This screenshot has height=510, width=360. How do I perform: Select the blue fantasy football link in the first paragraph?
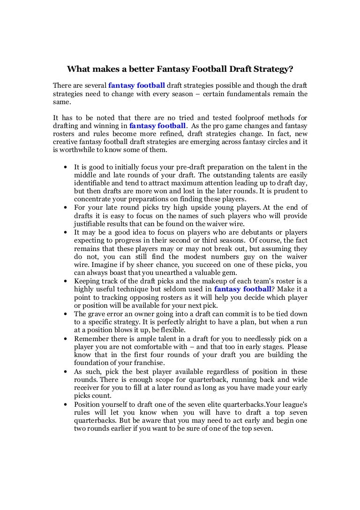[136, 85]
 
